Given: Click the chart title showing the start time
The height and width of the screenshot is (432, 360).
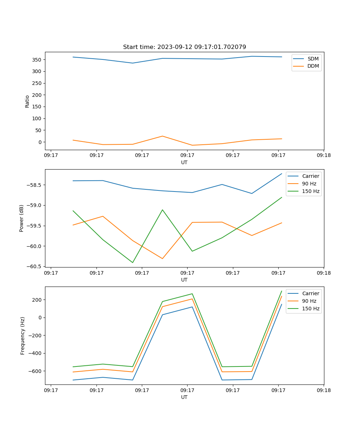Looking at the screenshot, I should click(184, 47).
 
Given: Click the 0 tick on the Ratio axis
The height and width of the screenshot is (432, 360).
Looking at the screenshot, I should click(40, 142).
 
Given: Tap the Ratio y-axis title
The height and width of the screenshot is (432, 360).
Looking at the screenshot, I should click(27, 101).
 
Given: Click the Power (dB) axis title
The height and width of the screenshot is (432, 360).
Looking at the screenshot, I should click(22, 218).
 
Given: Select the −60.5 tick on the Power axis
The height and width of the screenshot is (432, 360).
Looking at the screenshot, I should click(36, 266).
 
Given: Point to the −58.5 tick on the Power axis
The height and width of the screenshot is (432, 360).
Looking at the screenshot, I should click(36, 185).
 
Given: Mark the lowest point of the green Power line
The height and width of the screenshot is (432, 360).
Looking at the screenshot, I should click(132, 262).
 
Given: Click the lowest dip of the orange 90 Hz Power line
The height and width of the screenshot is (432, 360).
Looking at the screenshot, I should click(162, 258).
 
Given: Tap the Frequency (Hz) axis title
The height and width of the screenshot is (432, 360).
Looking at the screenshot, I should click(23, 336).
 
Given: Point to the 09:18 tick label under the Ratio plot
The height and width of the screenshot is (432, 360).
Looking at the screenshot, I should click(323, 156).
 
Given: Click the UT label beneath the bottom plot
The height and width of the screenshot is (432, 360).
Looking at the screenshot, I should click(184, 397).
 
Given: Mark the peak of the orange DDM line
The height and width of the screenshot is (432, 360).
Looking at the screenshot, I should click(162, 136).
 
